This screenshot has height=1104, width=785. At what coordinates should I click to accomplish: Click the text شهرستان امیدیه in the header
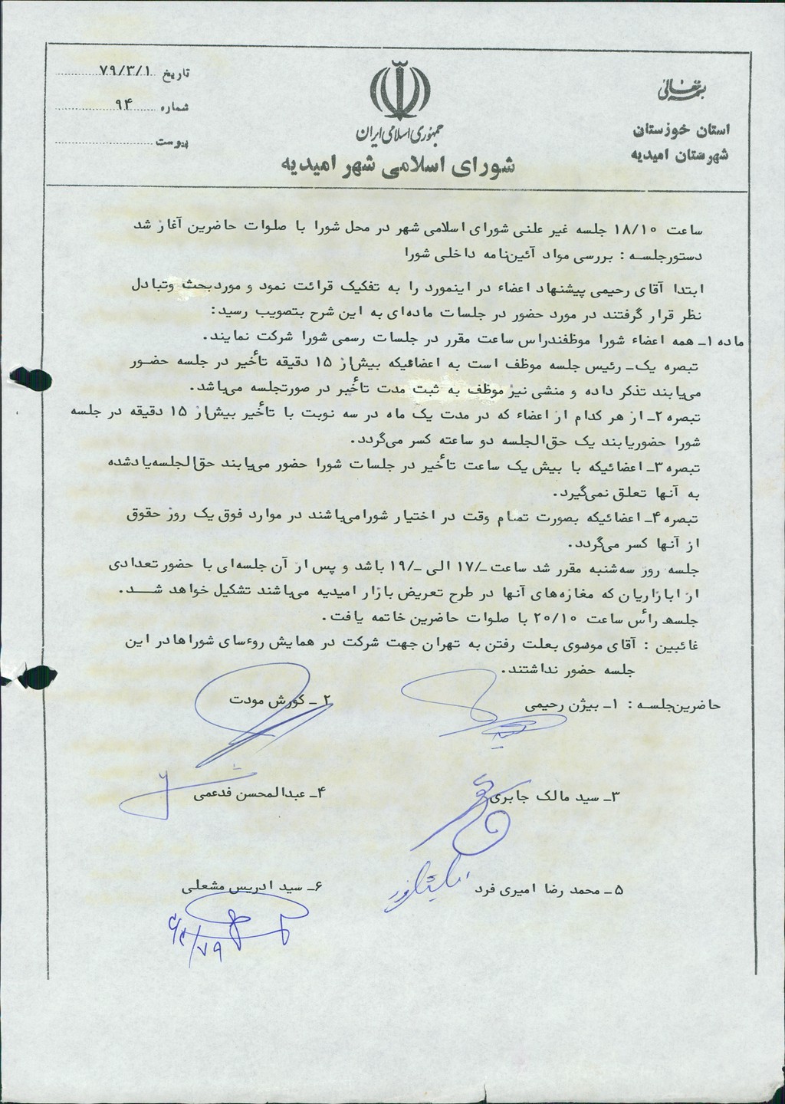pos(680,155)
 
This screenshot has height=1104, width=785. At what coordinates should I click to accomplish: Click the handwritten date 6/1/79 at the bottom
pos(190,929)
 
